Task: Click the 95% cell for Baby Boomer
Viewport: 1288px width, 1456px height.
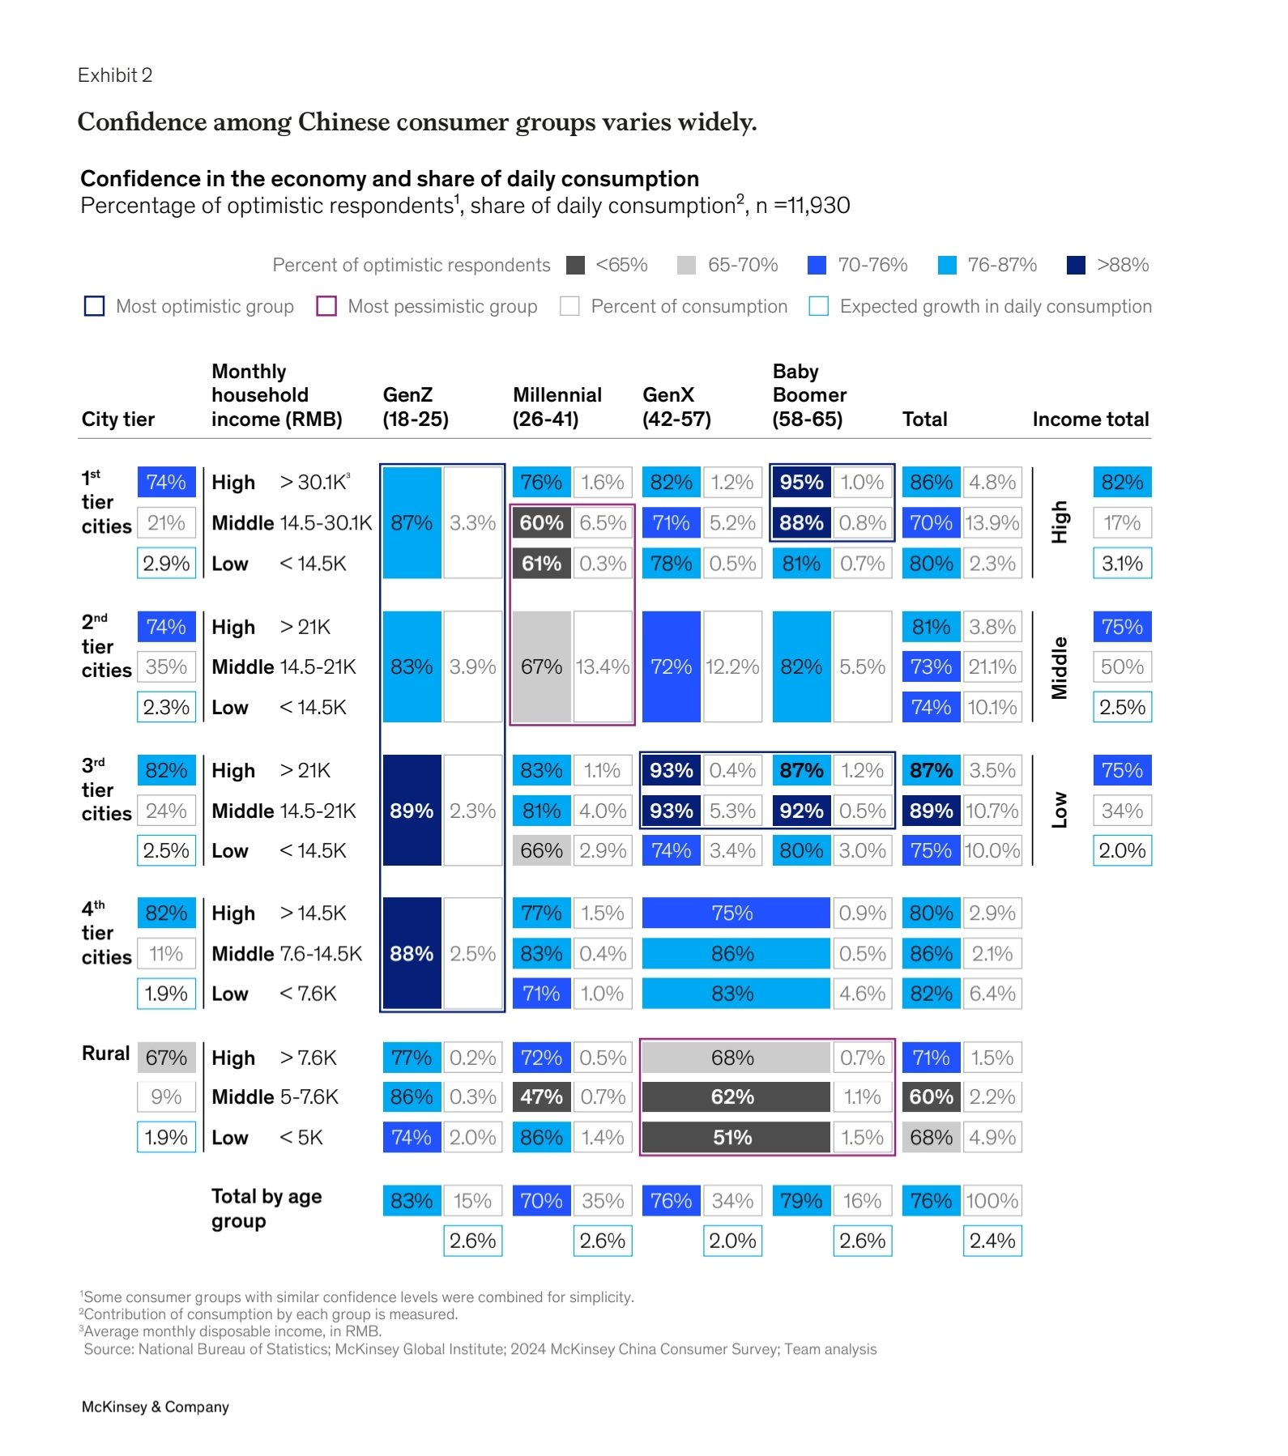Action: click(x=800, y=483)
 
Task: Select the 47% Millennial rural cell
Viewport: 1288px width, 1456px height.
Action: click(x=541, y=1097)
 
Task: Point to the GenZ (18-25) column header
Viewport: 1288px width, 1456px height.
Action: click(x=416, y=407)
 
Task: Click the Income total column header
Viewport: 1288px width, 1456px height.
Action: click(x=1090, y=419)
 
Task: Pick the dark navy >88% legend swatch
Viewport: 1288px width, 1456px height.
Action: click(x=1076, y=265)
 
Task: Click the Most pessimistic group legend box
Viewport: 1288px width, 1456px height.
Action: click(x=326, y=306)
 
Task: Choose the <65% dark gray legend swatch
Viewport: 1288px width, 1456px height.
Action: click(x=575, y=265)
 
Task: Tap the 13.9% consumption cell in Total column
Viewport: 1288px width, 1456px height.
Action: click(x=992, y=523)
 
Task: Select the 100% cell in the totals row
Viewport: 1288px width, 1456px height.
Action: click(x=992, y=1201)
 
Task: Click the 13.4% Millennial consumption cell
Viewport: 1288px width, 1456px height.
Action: click(x=603, y=667)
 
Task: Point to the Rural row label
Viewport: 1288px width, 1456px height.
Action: click(x=105, y=1054)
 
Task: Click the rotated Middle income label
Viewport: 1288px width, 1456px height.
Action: click(x=1060, y=667)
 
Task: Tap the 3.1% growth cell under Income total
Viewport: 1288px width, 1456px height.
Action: click(x=1122, y=564)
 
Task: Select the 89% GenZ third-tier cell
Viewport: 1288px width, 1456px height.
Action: click(x=412, y=811)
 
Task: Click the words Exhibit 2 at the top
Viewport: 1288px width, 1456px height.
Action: click(x=115, y=75)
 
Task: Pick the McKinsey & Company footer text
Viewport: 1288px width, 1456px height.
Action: click(x=156, y=1407)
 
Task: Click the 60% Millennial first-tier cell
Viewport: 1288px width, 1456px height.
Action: click(x=541, y=523)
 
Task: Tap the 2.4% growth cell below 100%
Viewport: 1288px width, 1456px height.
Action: click(x=992, y=1241)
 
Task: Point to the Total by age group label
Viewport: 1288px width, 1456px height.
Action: click(x=267, y=1208)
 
